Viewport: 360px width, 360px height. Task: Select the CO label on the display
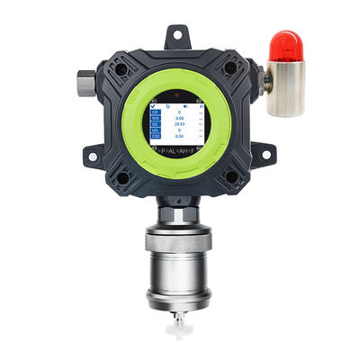click(x=155, y=113)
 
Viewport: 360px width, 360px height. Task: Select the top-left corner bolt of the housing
click(x=120, y=67)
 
